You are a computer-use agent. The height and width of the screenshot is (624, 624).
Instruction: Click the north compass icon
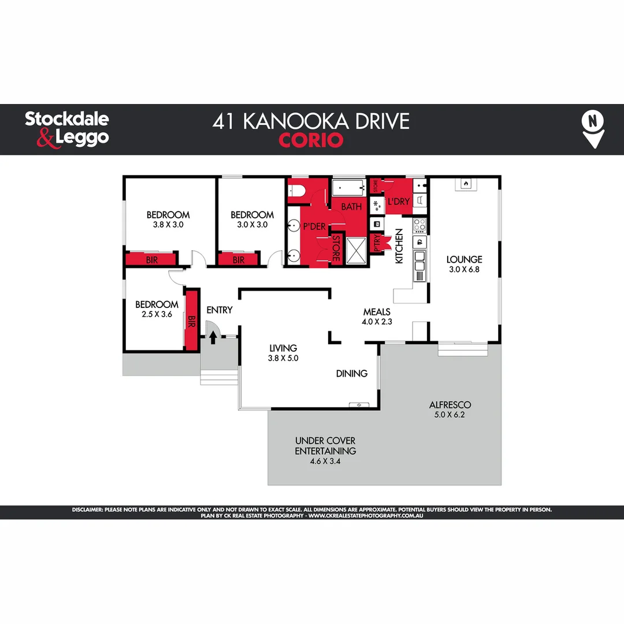pos(593,129)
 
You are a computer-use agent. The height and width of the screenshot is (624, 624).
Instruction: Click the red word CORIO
pos(311,140)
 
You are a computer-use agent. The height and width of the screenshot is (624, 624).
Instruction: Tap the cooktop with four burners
pos(419,224)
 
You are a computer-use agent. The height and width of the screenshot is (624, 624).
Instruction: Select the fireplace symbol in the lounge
pos(465,184)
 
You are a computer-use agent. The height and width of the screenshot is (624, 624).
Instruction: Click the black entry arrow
pos(213,337)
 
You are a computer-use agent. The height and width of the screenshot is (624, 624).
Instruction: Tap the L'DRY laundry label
pos(398,202)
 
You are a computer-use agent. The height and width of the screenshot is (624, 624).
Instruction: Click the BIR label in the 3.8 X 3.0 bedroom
pos(151,260)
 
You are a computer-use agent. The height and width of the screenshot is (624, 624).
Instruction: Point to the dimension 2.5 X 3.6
pos(157,315)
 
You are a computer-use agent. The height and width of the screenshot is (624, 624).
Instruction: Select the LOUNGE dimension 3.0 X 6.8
pos(465,269)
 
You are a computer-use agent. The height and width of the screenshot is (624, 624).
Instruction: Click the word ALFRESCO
pos(450,405)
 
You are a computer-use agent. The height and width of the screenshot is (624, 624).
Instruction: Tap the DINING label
pos(351,373)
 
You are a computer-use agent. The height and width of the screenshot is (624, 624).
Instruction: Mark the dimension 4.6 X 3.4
pos(325,461)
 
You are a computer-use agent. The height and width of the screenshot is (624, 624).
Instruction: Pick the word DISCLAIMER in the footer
pos(87,510)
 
